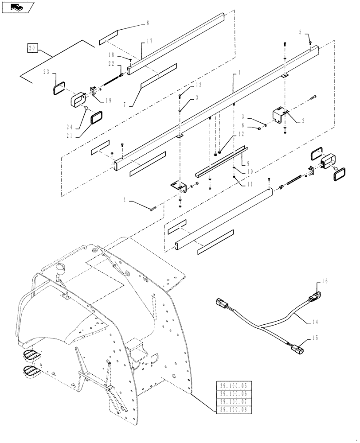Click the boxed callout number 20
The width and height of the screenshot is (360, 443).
tap(31, 48)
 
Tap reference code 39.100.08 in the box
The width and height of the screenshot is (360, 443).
tap(234, 410)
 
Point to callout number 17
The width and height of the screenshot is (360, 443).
tap(149, 41)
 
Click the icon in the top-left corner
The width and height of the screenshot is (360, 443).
tap(17, 7)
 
